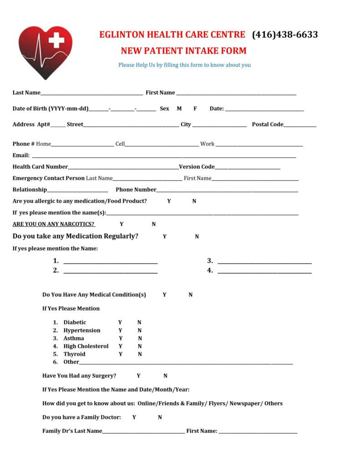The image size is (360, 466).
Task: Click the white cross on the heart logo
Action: [56, 40]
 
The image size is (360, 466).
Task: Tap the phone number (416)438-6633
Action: [285, 35]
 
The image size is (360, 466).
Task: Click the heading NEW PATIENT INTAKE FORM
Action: [183, 51]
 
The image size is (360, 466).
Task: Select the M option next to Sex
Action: [179, 109]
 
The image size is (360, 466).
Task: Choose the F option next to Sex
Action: [195, 109]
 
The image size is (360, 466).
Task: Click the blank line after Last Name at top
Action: [91, 93]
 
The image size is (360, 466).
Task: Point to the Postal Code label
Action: [268, 124]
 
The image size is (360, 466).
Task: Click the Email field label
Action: [21, 156]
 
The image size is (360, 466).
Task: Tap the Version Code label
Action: [197, 167]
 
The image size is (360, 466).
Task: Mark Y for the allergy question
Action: [169, 201]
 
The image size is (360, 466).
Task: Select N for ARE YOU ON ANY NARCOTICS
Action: [154, 224]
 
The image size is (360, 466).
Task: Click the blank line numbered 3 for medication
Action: [264, 262]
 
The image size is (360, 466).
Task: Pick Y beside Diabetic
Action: [120, 323]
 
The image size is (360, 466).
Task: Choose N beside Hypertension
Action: [140, 330]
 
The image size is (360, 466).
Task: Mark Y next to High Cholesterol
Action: [121, 346]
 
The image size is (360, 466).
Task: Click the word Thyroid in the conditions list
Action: [74, 354]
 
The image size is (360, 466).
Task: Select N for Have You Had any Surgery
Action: [165, 376]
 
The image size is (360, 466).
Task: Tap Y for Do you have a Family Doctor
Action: [134, 417]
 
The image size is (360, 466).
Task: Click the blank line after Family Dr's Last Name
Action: [143, 432]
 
